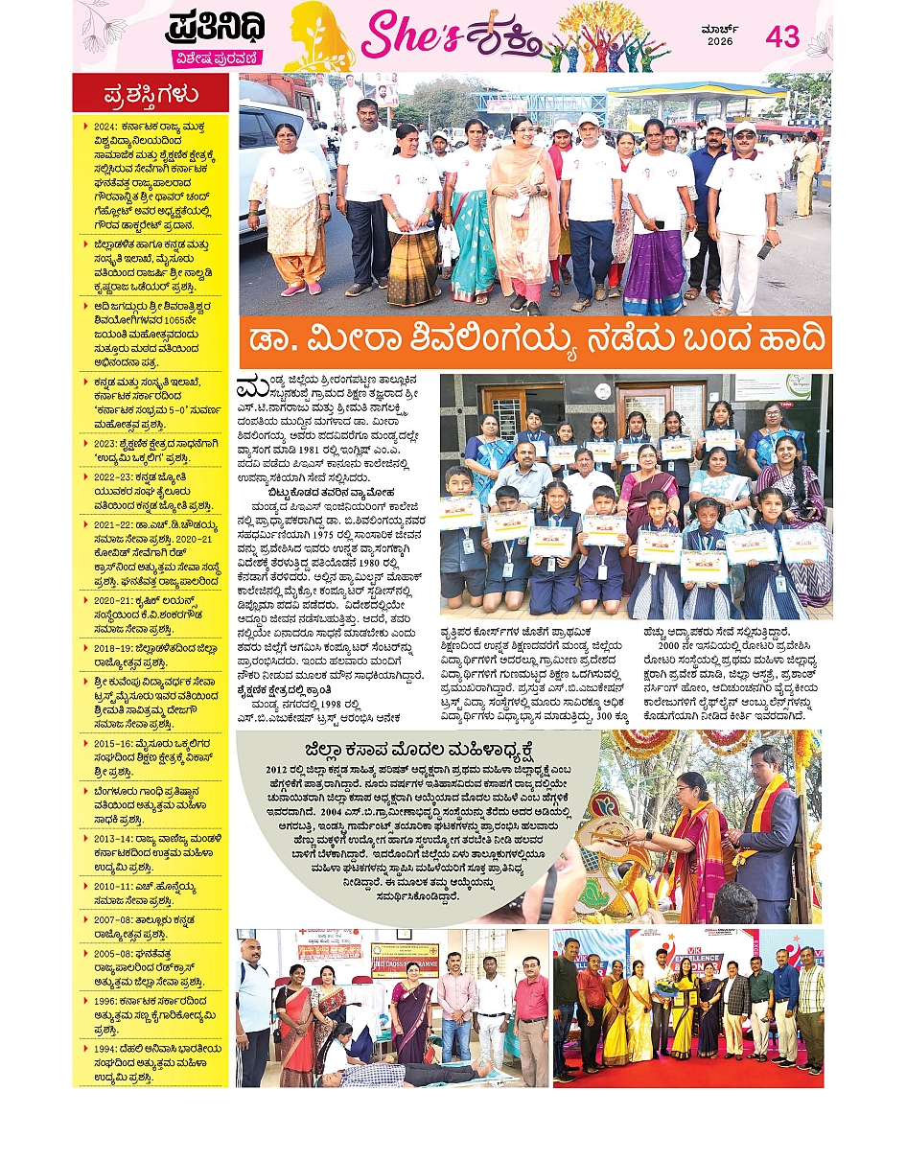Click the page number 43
782,37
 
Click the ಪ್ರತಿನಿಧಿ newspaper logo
217,27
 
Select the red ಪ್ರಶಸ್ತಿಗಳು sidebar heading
151,94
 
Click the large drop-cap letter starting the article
249,387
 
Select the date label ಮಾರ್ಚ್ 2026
719,35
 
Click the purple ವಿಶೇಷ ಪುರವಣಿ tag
217,58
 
